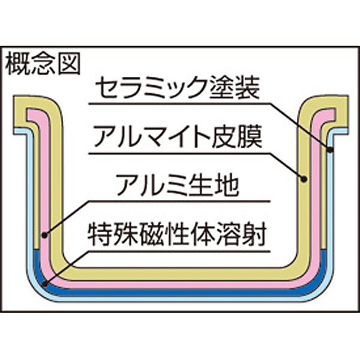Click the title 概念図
pos(43,64)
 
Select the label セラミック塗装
pos(178,88)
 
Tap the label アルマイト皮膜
pos(178,137)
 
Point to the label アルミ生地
pos(178,185)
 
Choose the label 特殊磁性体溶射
pos(177,235)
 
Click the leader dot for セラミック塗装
pos(330,150)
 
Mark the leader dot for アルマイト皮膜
pos(304,179)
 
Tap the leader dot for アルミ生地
pos(45,235)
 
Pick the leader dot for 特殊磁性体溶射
pos(45,284)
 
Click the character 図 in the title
pos(69,64)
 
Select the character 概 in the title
pos(17,64)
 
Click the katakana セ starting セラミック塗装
pos(106,88)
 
